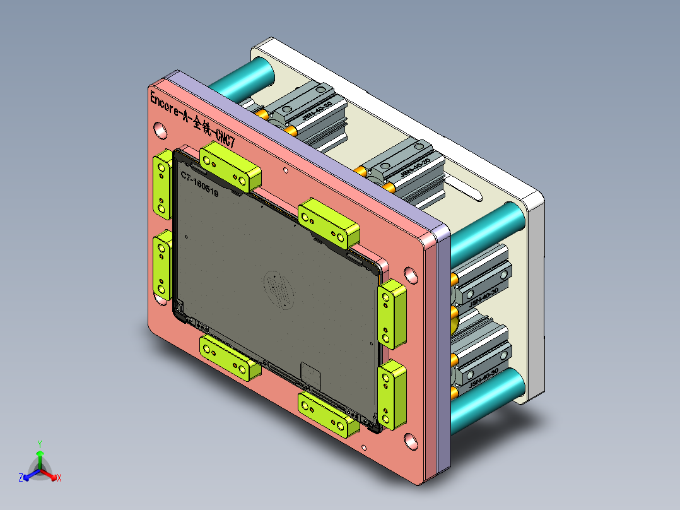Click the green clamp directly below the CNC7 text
point(230,167)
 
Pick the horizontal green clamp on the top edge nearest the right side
point(328,224)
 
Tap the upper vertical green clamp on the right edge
point(392,314)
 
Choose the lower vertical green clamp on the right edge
point(392,394)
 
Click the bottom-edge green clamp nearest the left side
point(230,357)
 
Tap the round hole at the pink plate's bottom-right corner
point(411,441)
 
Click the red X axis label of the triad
point(59,478)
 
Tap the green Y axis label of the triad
point(39,444)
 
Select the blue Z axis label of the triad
point(21,478)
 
